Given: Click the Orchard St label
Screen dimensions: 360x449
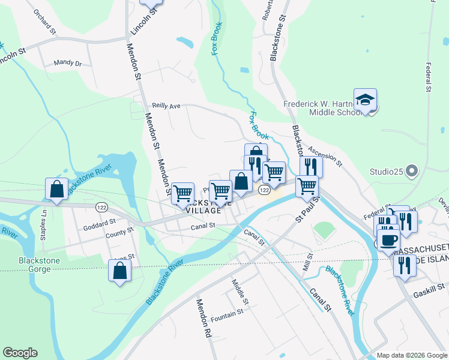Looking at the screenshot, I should click(44, 22).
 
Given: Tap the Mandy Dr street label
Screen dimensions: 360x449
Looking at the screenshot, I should click(67, 62).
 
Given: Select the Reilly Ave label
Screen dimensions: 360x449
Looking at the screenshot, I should click(166, 106).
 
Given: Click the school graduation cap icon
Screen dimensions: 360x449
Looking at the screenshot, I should click(364, 100).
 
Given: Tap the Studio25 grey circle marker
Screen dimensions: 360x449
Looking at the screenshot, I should click(412, 172).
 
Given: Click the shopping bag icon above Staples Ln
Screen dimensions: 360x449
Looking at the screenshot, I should click(56, 190).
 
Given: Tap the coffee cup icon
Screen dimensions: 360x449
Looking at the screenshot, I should click(388, 239).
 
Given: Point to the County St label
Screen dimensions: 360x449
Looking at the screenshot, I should click(119, 232).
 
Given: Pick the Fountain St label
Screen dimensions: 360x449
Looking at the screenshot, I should click(227, 313).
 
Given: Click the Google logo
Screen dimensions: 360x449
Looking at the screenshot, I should click(20, 353).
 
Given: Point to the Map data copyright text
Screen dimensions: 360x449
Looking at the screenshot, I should click(411, 355).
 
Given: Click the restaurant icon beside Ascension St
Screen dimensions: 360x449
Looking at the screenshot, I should click(311, 166).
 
